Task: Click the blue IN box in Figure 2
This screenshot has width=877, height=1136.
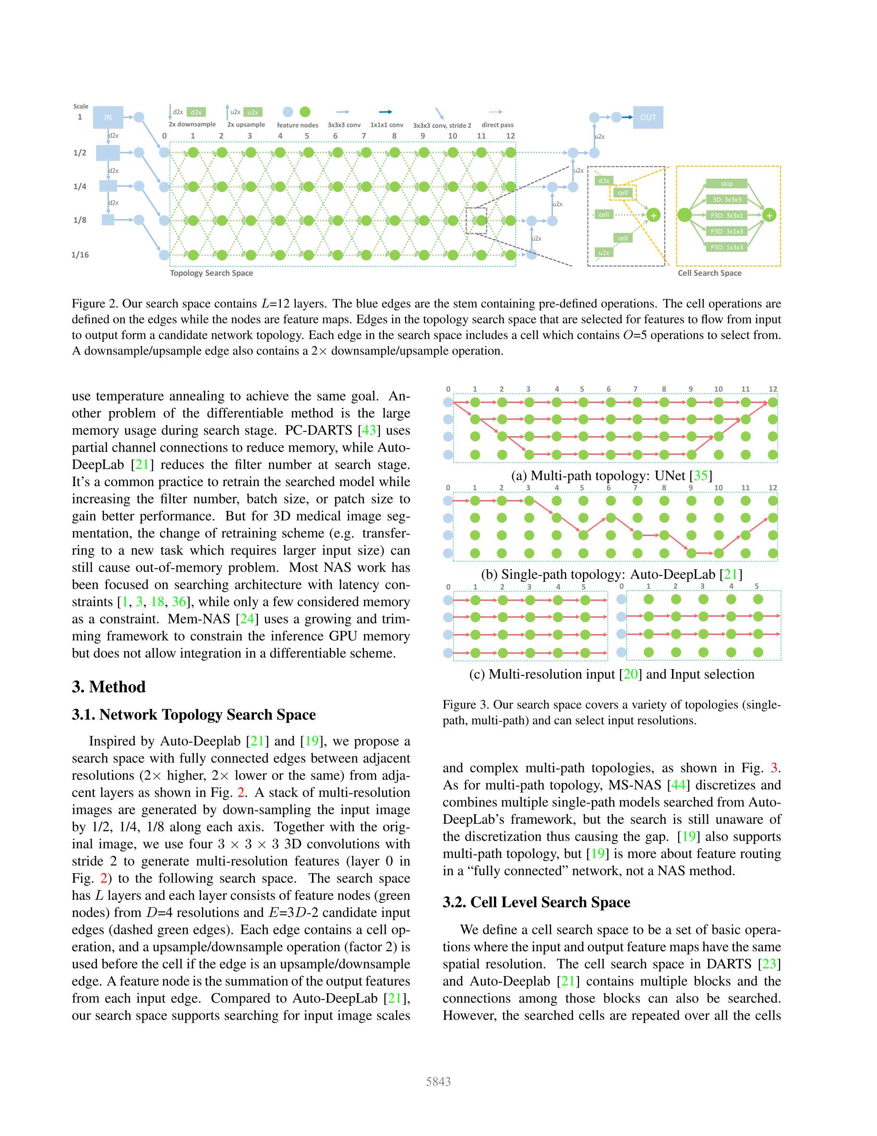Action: click(108, 117)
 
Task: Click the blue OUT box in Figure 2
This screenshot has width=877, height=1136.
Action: click(648, 117)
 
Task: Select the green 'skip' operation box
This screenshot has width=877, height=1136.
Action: click(726, 183)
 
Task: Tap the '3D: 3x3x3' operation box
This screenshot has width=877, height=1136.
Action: click(726, 200)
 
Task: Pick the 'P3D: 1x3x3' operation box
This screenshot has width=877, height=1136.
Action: click(726, 247)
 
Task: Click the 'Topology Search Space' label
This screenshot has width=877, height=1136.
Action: click(211, 273)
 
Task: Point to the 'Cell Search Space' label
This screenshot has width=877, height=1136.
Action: click(709, 273)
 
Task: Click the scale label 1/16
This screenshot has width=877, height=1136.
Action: click(80, 255)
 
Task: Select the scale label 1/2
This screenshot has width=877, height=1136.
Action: click(80, 153)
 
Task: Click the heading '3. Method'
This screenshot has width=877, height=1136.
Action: click(108, 686)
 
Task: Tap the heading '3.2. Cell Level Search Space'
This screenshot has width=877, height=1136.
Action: click(536, 902)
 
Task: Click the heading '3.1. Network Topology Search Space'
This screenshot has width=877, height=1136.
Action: click(193, 715)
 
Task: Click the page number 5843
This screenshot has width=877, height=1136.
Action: click(438, 1082)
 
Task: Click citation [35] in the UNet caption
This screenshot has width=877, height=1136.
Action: click(700, 476)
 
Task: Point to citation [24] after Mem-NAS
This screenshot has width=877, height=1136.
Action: click(247, 619)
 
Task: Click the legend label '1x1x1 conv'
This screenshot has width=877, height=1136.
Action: click(386, 125)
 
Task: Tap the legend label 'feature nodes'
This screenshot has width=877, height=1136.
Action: click(297, 125)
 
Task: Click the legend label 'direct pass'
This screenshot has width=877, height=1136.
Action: click(497, 125)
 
